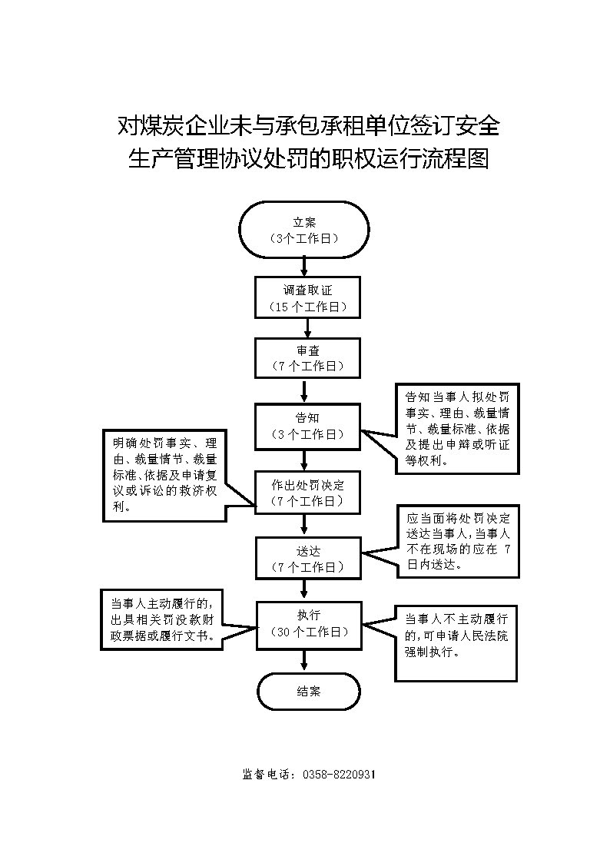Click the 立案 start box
pyautogui.click(x=303, y=230)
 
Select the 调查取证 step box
pyautogui.click(x=307, y=297)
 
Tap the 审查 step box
pyautogui.click(x=307, y=358)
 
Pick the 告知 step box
pyautogui.click(x=307, y=426)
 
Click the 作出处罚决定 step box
pyautogui.click(x=307, y=493)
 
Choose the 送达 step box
pyautogui.click(x=308, y=558)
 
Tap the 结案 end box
pyautogui.click(x=309, y=692)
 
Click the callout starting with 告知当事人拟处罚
pyautogui.click(x=458, y=428)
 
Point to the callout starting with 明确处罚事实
pyautogui.click(x=164, y=475)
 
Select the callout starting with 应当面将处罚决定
pyautogui.click(x=458, y=542)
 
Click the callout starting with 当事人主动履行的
pyautogui.click(x=161, y=619)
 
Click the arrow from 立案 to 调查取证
pyautogui.click(x=305, y=267)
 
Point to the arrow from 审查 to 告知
pyautogui.click(x=305, y=391)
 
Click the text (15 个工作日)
pyautogui.click(x=308, y=307)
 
